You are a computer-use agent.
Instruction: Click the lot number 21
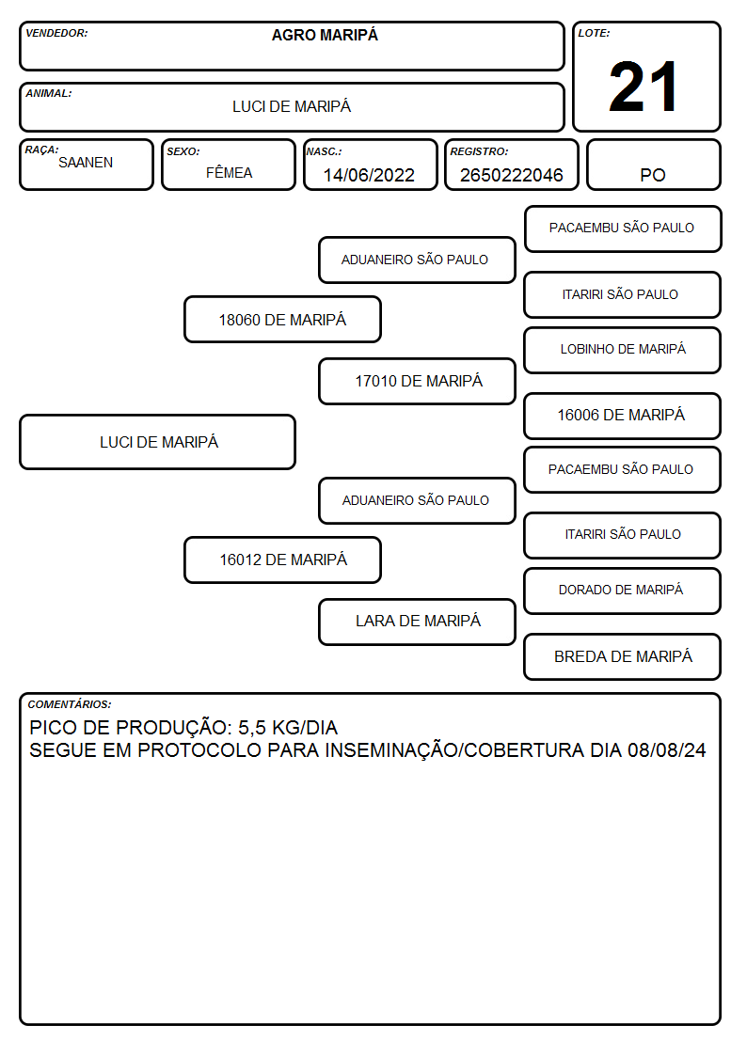point(644,87)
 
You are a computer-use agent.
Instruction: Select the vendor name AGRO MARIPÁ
point(325,35)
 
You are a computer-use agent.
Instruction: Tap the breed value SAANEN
point(86,163)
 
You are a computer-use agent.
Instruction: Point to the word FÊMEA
point(229,172)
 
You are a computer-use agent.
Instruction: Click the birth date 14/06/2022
point(369,175)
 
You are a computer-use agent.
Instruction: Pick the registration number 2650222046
point(511,175)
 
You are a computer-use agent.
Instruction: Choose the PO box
point(653,165)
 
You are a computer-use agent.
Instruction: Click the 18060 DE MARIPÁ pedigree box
point(283,319)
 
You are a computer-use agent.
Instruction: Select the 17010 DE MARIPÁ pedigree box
point(418,381)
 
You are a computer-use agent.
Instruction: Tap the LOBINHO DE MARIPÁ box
point(623,350)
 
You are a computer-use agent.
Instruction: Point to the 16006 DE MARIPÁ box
point(623,416)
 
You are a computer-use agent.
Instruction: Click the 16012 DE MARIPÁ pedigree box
point(283,560)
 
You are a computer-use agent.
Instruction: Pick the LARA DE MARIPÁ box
point(418,622)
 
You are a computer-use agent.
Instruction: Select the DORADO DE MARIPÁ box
point(623,591)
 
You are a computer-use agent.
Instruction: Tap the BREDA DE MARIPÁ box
point(623,656)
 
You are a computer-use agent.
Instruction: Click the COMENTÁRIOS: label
point(70,704)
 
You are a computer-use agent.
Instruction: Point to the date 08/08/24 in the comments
point(667,750)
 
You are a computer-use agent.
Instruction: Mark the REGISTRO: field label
point(479,152)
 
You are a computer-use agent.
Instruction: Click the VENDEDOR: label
point(56,33)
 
